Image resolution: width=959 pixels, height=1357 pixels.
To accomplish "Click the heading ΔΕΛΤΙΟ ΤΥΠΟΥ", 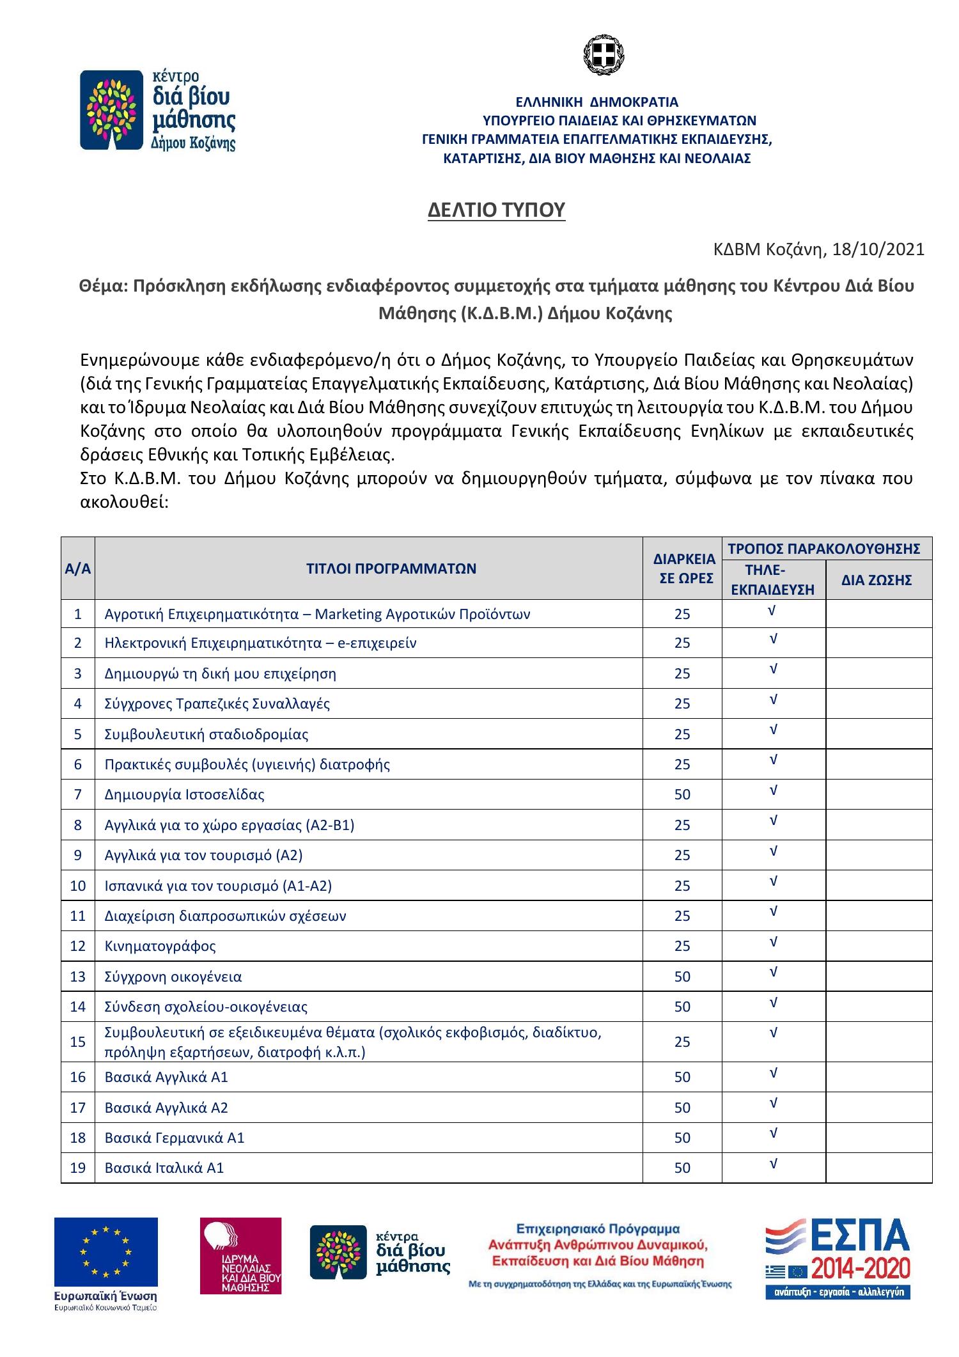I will pyautogui.click(x=496, y=210).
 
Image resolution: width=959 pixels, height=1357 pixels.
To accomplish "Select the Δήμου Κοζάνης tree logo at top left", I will pyautogui.click(x=157, y=111).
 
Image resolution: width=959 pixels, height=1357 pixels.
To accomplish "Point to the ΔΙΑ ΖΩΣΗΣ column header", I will pyautogui.click(x=878, y=581).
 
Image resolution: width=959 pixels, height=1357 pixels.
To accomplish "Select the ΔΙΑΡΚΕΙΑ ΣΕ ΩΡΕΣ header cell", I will pyautogui.click(x=683, y=569).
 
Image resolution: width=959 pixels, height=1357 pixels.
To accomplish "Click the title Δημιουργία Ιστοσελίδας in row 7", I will pyautogui.click(x=184, y=795).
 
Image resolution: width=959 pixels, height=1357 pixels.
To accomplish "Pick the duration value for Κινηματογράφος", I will pyautogui.click(x=682, y=946).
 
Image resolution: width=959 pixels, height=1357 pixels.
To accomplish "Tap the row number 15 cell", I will pyautogui.click(x=77, y=1042).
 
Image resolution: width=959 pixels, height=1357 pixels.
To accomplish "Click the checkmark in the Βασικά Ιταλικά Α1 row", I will pyautogui.click(x=773, y=1164).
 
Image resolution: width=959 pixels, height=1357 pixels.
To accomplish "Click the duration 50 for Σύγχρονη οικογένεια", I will pyautogui.click(x=682, y=977).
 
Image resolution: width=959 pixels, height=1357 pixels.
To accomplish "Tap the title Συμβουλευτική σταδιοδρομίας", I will pyautogui.click(x=206, y=734).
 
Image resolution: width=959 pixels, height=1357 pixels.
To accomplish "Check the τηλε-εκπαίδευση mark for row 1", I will pyautogui.click(x=773, y=611).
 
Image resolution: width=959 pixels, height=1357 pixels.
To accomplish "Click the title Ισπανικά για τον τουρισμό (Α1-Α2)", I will pyautogui.click(x=218, y=886).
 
